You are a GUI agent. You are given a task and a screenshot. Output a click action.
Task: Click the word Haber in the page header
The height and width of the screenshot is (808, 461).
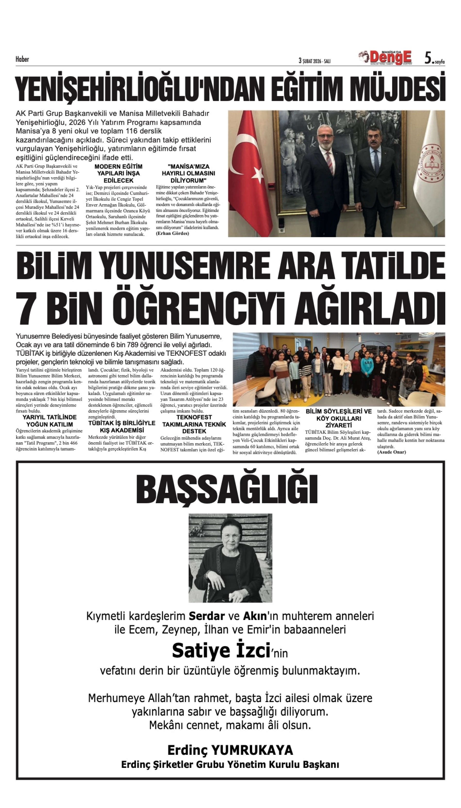[22, 59]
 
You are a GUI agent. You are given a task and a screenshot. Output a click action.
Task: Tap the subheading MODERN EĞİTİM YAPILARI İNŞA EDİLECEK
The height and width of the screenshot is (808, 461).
[118, 173]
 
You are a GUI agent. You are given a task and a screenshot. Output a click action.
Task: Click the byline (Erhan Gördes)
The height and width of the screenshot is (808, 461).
[173, 233]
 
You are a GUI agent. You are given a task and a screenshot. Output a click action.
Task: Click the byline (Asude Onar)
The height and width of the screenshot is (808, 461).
[391, 452]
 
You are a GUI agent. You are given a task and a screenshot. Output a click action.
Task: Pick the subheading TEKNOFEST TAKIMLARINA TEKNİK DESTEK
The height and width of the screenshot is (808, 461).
[194, 424]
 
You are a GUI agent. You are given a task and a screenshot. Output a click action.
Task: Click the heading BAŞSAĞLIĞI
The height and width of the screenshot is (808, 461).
[227, 489]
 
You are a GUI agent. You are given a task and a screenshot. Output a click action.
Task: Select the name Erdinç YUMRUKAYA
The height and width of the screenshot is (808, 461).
[230, 750]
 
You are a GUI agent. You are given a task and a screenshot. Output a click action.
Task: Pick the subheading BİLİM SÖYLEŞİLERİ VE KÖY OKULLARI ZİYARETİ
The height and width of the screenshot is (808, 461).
[338, 418]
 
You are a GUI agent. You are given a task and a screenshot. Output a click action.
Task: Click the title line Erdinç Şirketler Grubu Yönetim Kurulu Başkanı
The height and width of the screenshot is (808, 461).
[230, 765]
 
